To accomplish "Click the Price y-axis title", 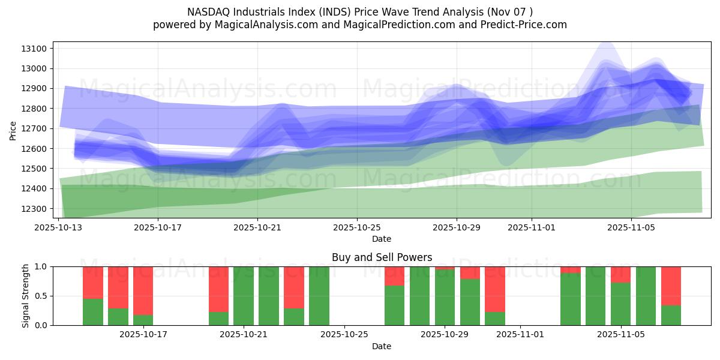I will tap(13, 130).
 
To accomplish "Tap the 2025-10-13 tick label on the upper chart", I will tap(59, 227).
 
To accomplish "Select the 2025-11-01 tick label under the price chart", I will tap(531, 227).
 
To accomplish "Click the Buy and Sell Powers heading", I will tap(382, 257).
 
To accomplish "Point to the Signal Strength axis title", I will tap(26, 296).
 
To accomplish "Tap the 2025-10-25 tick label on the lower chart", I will tap(345, 335).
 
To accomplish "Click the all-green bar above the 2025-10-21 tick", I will tap(244, 296).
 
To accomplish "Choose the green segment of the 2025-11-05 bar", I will tap(620, 304).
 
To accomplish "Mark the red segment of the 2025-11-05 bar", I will tap(620, 274).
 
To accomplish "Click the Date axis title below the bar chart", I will tap(382, 346).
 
